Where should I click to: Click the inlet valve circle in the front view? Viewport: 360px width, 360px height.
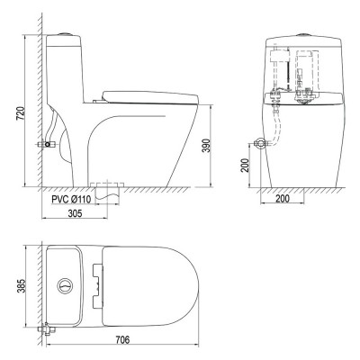point(261,142)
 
